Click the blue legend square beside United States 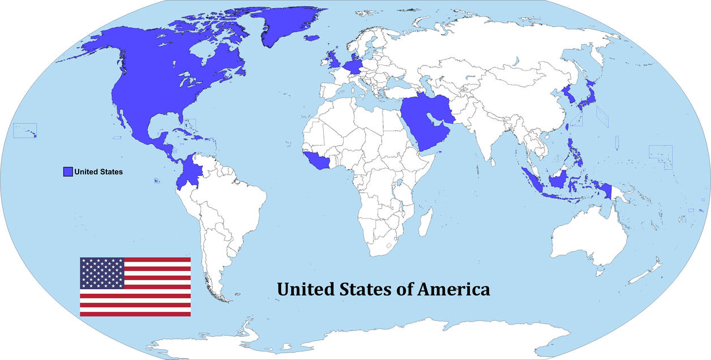[x=68, y=172]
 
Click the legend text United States [x=98, y=172]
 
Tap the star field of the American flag [x=102, y=273]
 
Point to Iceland [x=312, y=38]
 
